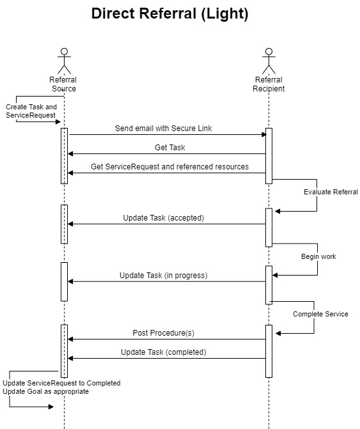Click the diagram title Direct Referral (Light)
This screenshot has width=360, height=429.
pyautogui.click(x=169, y=13)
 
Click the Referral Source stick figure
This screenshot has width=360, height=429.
pyautogui.click(x=65, y=61)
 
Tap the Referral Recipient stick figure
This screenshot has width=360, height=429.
pyautogui.click(x=269, y=61)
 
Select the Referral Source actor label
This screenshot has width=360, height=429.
pyautogui.click(x=63, y=84)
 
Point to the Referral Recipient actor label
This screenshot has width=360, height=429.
pyautogui.click(x=269, y=84)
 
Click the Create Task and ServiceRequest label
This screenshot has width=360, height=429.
pyautogui.click(x=31, y=111)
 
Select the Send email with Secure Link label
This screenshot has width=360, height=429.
pyautogui.click(x=163, y=129)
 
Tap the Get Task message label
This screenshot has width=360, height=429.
pyautogui.click(x=170, y=148)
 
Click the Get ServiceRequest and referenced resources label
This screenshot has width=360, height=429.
pyautogui.click(x=169, y=167)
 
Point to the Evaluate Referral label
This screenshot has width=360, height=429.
pyautogui.click(x=331, y=192)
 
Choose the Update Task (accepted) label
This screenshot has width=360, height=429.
pyautogui.click(x=164, y=218)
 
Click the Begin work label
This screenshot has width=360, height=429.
pyautogui.click(x=318, y=256)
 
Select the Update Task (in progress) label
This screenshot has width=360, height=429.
pyautogui.click(x=163, y=276)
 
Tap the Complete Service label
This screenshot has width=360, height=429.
pyautogui.click(x=320, y=314)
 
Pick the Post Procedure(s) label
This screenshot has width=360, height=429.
pyautogui.click(x=163, y=333)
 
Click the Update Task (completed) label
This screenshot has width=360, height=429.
pyautogui.click(x=163, y=352)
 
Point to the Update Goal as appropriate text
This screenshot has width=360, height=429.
pyautogui.click(x=45, y=391)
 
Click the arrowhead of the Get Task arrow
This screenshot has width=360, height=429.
pyautogui.click(x=70, y=153)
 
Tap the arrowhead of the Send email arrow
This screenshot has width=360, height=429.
pyautogui.click(x=264, y=134)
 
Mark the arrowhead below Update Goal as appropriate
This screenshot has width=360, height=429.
pyautogui.click(x=51, y=407)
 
